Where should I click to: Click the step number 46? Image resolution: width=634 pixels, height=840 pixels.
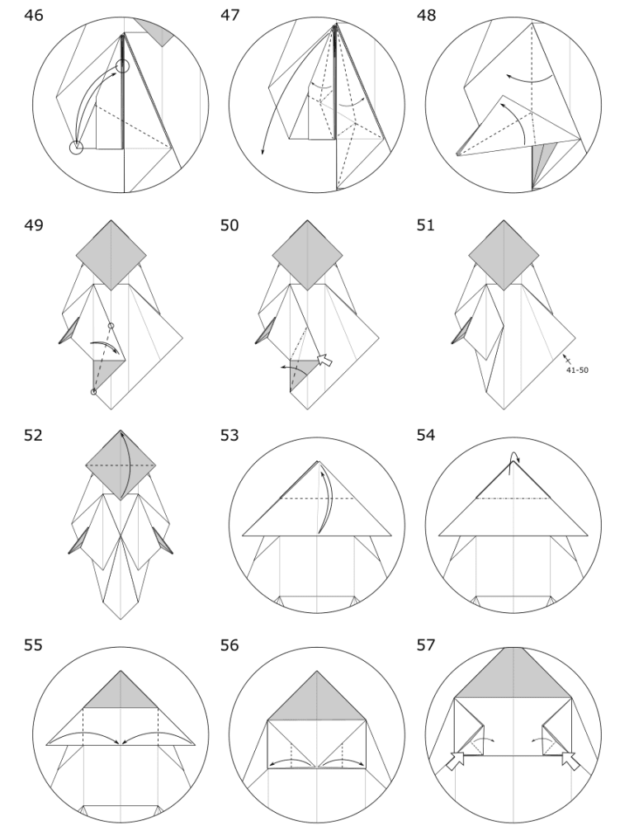pyautogui.click(x=35, y=16)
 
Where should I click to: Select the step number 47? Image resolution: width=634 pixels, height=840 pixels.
pyautogui.click(x=231, y=16)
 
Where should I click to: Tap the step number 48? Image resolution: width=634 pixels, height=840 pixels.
pyautogui.click(x=428, y=16)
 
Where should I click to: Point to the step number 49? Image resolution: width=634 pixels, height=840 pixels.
pyautogui.click(x=35, y=225)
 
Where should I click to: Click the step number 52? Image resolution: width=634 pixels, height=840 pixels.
pyautogui.click(x=35, y=435)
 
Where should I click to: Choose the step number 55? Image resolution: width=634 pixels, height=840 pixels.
pyautogui.click(x=35, y=645)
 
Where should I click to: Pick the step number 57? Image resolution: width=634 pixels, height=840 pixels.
pyautogui.click(x=428, y=645)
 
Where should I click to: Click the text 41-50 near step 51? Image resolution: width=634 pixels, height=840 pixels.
pyautogui.click(x=577, y=370)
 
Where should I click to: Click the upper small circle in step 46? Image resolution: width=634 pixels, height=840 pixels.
pyautogui.click(x=123, y=66)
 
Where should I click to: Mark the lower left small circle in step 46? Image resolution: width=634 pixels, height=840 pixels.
pyautogui.click(x=76, y=148)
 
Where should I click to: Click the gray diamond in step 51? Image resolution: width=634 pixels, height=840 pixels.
pyautogui.click(x=502, y=255)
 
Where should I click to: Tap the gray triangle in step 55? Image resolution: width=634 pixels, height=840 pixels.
pyautogui.click(x=121, y=692)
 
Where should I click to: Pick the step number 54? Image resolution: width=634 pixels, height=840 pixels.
pyautogui.click(x=428, y=435)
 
